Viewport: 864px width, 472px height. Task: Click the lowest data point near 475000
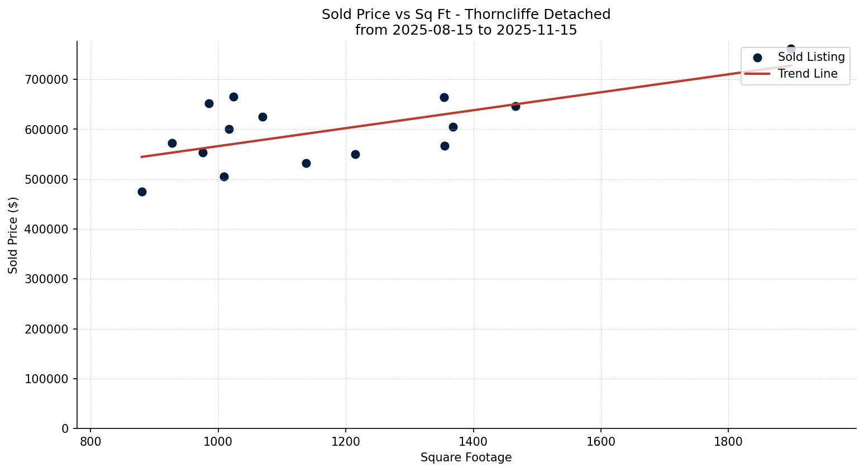[142, 192]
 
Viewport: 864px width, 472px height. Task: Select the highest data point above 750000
[791, 49]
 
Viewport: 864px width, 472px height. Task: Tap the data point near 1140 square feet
[306, 163]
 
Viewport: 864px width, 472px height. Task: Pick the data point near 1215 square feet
[355, 154]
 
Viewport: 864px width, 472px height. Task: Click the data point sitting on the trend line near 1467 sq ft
[515, 106]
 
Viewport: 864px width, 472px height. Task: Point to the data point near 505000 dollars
[224, 177]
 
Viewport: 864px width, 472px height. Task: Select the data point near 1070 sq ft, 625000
[262, 117]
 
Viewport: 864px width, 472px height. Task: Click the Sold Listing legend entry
[811, 57]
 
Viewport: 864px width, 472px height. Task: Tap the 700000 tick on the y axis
[47, 79]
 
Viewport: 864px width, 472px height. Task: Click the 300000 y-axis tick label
[47, 279]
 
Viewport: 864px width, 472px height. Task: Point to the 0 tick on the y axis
[65, 428]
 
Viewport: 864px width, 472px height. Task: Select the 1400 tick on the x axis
[473, 441]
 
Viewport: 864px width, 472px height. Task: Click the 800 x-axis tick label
[90, 441]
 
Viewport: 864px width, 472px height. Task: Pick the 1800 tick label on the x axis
[728, 441]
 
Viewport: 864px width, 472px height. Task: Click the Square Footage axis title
[466, 457]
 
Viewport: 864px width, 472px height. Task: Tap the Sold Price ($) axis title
[13, 235]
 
